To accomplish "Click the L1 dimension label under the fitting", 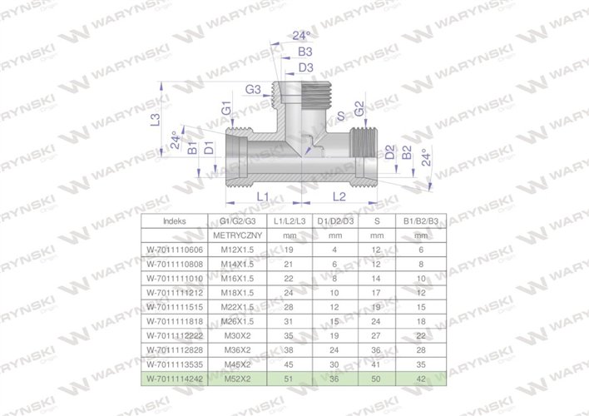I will coord(260,196).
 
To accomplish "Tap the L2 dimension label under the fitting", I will coord(339,196).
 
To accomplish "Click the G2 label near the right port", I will coord(358,110).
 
